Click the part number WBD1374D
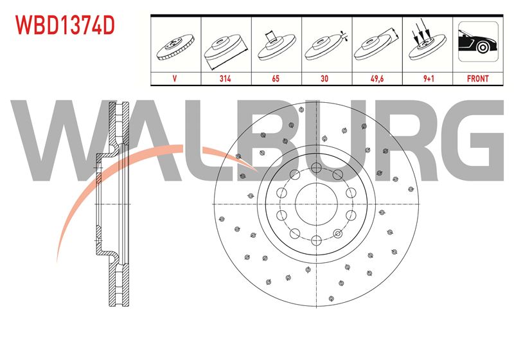(65, 25)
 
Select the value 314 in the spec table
(226, 78)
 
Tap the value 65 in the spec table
(276, 78)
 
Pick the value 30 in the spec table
(324, 78)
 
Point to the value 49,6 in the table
(377, 78)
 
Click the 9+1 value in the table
(429, 78)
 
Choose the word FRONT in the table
(477, 78)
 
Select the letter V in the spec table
(175, 78)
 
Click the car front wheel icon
(478, 42)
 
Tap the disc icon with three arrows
(427, 41)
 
